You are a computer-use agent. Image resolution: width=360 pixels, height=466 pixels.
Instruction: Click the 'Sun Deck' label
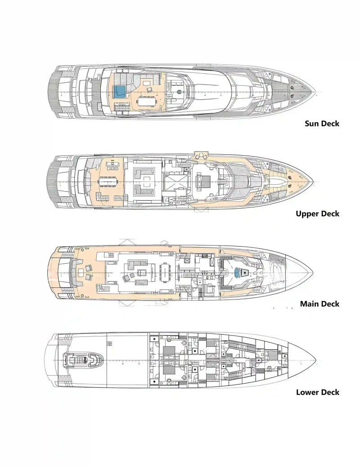(322, 123)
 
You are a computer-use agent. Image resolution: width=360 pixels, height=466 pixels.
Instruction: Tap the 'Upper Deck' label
(317, 214)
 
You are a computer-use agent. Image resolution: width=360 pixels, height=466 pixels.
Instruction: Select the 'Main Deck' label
(319, 304)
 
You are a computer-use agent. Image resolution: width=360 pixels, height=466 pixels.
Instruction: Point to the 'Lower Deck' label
(317, 392)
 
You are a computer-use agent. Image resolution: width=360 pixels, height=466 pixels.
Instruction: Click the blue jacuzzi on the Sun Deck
(120, 92)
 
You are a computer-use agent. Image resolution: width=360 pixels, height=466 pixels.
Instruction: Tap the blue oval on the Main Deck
(237, 273)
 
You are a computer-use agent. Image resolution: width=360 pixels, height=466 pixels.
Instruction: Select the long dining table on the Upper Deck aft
(108, 182)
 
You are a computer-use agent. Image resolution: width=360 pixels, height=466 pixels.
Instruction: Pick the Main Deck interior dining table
(164, 271)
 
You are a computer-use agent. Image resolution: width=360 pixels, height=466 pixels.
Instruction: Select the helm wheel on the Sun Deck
(179, 93)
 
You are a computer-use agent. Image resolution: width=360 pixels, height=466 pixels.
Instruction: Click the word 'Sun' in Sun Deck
(312, 123)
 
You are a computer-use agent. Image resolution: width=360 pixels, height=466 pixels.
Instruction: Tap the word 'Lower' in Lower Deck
(308, 392)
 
